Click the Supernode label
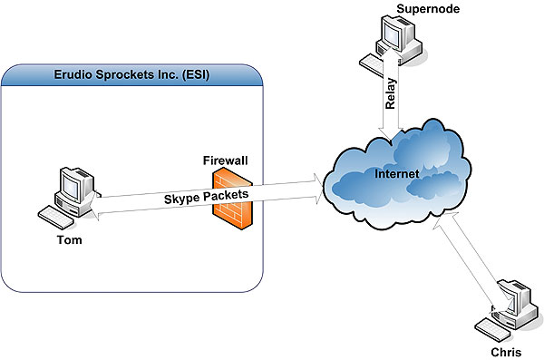tap(428, 9)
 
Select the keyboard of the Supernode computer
tap(373, 63)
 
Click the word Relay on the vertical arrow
tap(391, 93)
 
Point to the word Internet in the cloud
tap(397, 173)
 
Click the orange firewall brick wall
tap(232, 198)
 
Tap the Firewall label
tap(225, 161)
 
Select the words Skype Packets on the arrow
tap(206, 197)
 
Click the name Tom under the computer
tap(70, 240)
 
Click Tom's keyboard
tap(55, 218)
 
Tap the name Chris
tap(506, 353)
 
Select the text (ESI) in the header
tap(196, 74)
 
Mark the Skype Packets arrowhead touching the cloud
tap(318, 188)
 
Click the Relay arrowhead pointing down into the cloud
tap(391, 136)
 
